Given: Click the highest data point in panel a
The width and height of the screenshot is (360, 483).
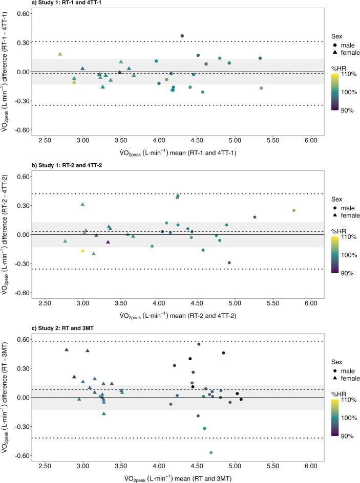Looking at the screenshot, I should pyautogui.click(x=182, y=36).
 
